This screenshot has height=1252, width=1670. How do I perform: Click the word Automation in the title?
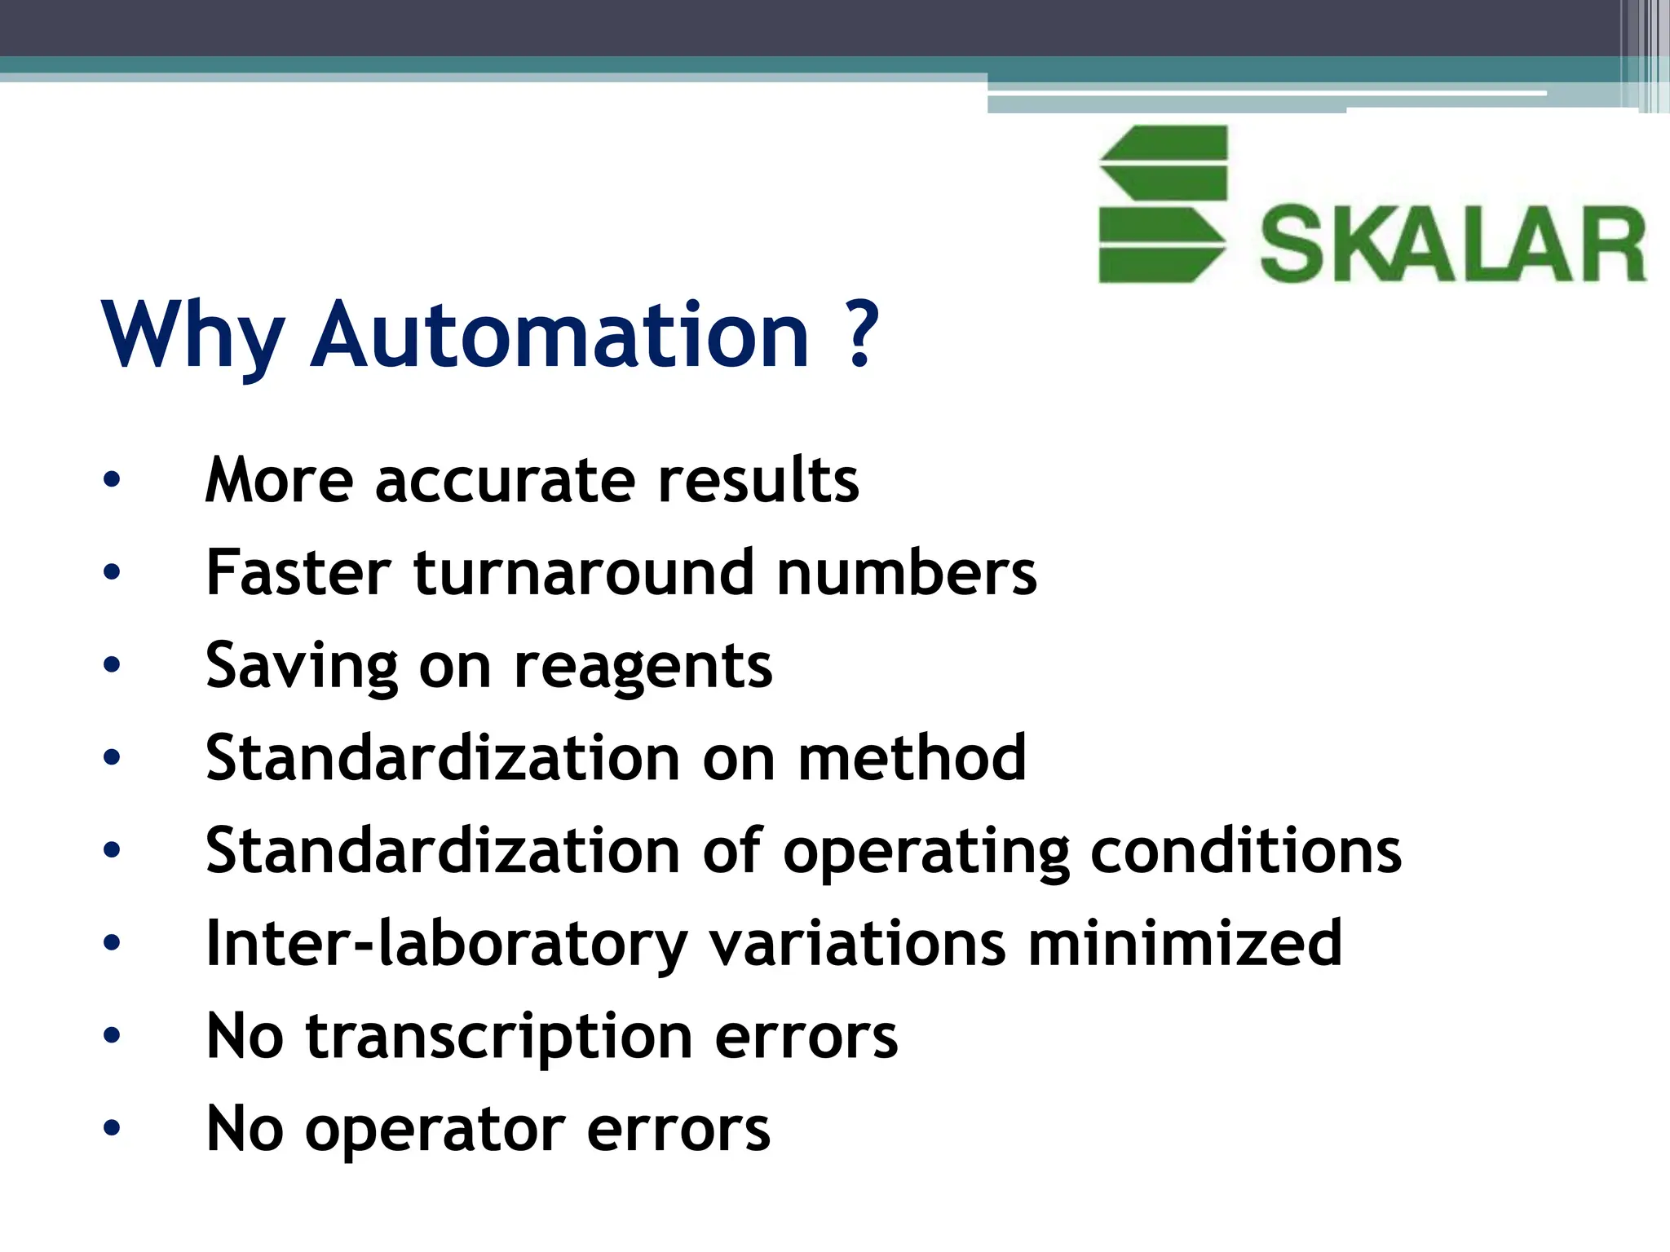(560, 335)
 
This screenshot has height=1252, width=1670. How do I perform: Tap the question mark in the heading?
(861, 335)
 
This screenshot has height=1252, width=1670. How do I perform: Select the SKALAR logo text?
(1453, 245)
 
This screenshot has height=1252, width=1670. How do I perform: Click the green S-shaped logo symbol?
(1163, 204)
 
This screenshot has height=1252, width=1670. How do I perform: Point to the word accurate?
(505, 480)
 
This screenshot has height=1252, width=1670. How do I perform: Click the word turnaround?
(584, 572)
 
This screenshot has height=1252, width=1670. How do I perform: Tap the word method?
(912, 758)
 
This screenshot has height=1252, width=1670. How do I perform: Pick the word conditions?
(1246, 850)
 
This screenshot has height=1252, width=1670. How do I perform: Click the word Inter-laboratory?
(447, 944)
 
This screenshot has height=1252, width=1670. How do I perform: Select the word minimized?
(1185, 943)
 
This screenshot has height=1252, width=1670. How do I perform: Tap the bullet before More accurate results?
(112, 479)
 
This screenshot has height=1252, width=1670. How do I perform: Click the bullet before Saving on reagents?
(112, 665)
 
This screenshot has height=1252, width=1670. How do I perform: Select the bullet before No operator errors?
(112, 1128)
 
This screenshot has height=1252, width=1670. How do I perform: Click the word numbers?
(907, 572)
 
